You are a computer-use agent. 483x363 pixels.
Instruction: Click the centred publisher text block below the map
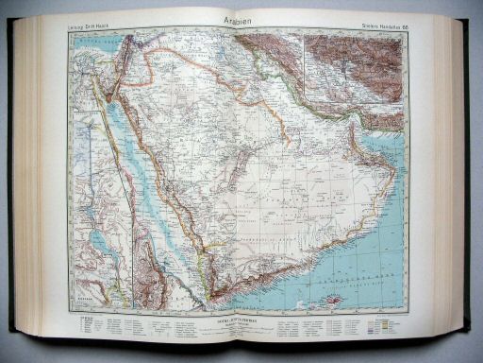240,324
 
